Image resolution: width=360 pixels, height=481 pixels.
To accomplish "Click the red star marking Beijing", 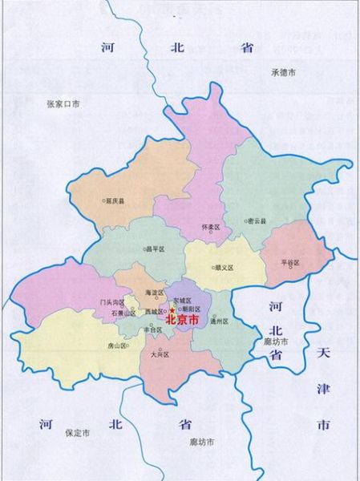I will pos(171,310).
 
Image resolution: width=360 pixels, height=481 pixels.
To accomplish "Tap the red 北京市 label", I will pos(182,319).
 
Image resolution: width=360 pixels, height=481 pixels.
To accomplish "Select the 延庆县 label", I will pos(115,201).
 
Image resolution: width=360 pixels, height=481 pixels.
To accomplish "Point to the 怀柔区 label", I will pos(211,227).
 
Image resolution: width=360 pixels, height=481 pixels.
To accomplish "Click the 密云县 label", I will pos(257,220).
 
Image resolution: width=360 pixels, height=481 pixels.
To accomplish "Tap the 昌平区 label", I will pos(155,249).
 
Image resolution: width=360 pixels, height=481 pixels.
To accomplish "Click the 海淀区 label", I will pos(154,293).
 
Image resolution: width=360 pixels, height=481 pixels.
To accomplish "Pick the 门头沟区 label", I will pos(109,302).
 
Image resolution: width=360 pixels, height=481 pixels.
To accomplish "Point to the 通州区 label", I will pos(220,321).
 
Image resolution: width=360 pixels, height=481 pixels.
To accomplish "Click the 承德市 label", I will pos(284,72).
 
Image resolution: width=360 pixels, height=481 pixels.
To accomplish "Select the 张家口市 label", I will pos(63,103).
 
